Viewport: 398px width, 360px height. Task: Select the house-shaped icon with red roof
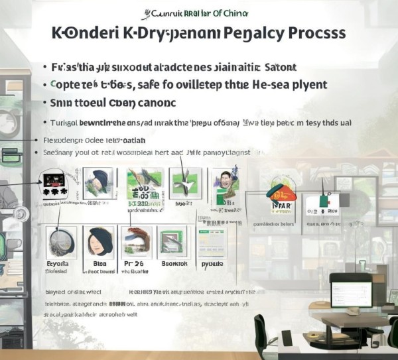[x=280, y=194]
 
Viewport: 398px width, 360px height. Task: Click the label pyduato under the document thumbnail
[x=214, y=263]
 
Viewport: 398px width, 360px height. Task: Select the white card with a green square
[x=323, y=200]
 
